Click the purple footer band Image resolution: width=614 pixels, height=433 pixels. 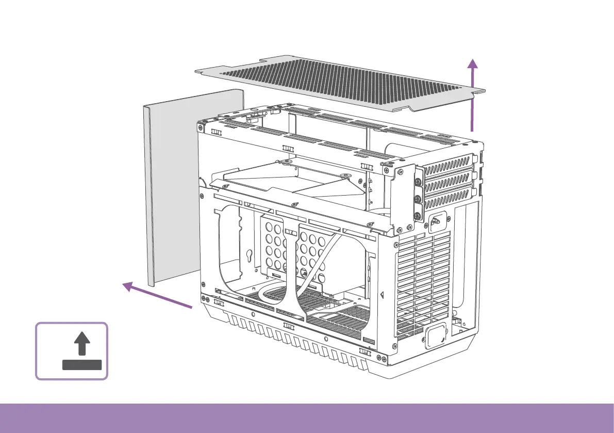pyautogui.click(x=307, y=418)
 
